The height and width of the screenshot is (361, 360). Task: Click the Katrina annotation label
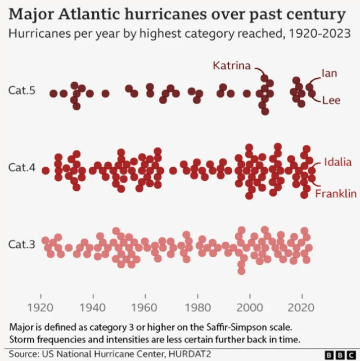click(x=231, y=66)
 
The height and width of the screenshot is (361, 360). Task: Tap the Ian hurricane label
click(x=329, y=73)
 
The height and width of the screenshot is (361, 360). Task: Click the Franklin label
click(x=335, y=194)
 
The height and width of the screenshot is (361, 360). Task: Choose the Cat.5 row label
click(x=22, y=91)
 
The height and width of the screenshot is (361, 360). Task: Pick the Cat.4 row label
click(x=22, y=167)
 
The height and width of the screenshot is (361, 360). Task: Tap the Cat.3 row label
click(x=22, y=244)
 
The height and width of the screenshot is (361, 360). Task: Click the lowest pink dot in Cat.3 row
click(x=241, y=271)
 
